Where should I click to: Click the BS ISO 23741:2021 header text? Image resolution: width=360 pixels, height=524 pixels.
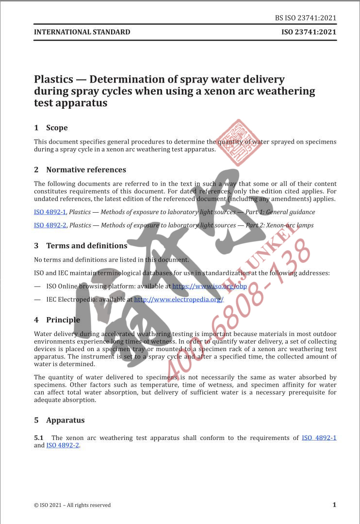click(x=305, y=18)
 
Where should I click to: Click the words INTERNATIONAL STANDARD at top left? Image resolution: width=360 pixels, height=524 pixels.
click(x=82, y=32)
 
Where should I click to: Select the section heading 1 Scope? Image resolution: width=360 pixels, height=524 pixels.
click(x=51, y=128)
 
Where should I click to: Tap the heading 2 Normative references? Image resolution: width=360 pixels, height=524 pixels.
click(x=80, y=169)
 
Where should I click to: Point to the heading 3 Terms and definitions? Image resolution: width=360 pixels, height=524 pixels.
click(x=81, y=246)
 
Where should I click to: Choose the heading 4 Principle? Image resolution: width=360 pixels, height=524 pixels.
click(x=57, y=320)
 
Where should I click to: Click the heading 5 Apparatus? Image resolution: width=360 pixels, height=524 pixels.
click(x=59, y=420)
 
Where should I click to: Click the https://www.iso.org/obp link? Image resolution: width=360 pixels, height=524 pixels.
click(x=210, y=286)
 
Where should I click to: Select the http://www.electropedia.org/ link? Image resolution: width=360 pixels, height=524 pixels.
click(x=179, y=299)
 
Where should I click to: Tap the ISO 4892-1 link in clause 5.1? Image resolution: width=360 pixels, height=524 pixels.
click(x=319, y=438)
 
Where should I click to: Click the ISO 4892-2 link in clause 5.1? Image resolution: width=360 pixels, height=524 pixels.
click(x=63, y=445)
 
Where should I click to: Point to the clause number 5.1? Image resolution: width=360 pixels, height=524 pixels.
click(x=39, y=438)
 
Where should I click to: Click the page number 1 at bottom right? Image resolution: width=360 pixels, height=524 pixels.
click(x=334, y=505)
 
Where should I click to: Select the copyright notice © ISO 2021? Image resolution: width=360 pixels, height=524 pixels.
click(x=72, y=505)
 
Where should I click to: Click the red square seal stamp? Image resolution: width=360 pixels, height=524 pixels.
click(x=238, y=143)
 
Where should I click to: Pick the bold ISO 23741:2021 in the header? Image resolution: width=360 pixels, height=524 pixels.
click(x=309, y=32)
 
